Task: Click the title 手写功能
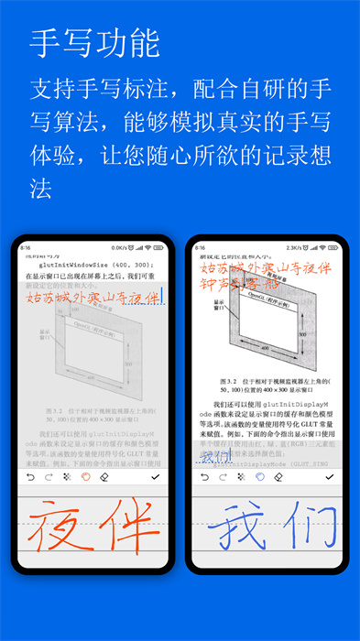point(94,42)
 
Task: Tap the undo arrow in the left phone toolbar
point(28,477)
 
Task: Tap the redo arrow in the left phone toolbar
point(46,477)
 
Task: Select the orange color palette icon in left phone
point(85,477)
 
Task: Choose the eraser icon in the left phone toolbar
point(104,477)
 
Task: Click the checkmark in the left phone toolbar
point(154,477)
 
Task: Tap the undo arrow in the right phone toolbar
point(202,477)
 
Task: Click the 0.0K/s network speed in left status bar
point(118,247)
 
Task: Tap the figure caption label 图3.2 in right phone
point(230,377)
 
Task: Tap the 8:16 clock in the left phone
point(26,247)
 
